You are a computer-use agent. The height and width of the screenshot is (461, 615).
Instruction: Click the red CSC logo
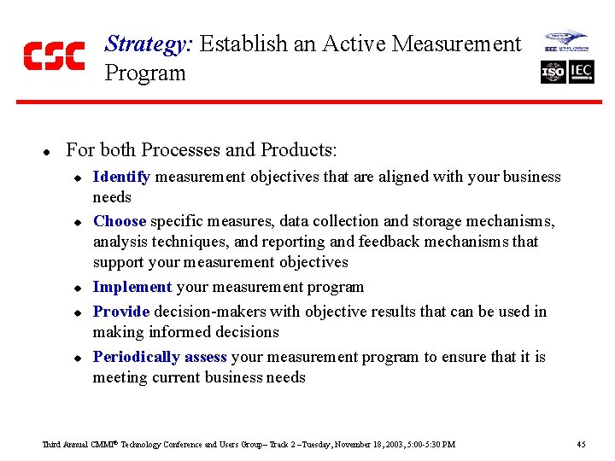54,55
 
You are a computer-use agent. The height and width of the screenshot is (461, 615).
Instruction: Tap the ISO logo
553,73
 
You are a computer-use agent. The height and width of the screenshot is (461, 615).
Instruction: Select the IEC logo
582,73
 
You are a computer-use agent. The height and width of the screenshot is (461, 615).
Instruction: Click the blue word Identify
121,177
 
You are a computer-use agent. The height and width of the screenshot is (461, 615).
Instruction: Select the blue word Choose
120,221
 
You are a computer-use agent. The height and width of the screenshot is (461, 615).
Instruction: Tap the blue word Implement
132,287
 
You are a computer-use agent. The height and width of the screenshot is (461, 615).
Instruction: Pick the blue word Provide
121,312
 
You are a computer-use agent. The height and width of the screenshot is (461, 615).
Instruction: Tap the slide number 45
581,444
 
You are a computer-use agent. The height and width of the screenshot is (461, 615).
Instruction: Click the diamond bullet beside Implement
76,288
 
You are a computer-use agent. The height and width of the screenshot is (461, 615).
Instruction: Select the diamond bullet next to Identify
76,178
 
